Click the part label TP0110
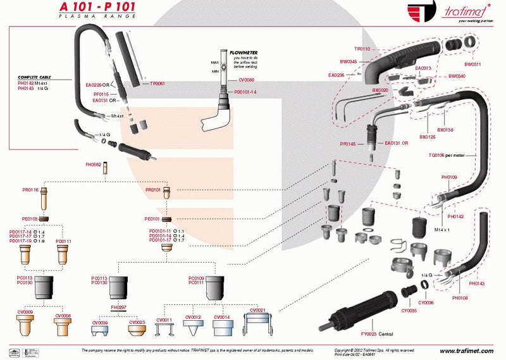click(x=362, y=49)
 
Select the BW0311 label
click(x=472, y=64)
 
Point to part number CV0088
click(x=246, y=80)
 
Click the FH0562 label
click(x=94, y=164)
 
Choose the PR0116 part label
click(x=30, y=190)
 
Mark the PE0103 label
click(x=30, y=218)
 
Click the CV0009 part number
click(x=25, y=313)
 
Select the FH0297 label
click(x=118, y=307)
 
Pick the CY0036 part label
click(x=426, y=302)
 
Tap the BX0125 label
click(x=428, y=136)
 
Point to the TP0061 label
click(x=157, y=84)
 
